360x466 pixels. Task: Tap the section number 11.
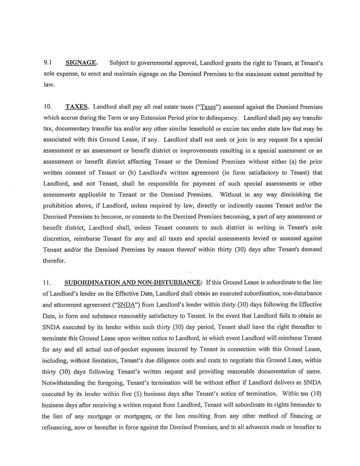[47, 283]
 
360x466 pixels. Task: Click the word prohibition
[58, 206]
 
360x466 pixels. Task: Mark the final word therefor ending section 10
[54, 261]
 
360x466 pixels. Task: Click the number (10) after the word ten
[316, 394]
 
